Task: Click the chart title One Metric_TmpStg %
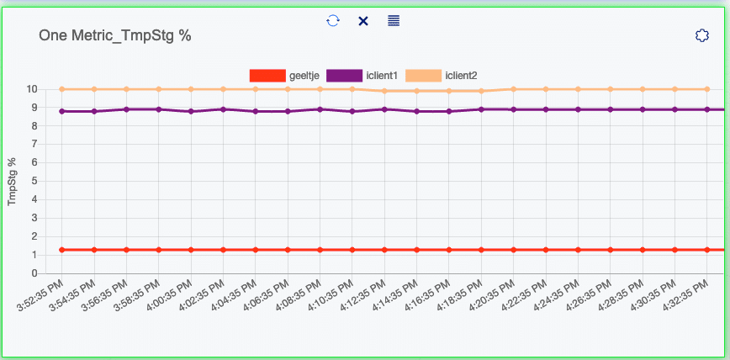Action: tap(115, 36)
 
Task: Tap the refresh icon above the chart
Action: tap(333, 20)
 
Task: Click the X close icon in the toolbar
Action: tap(363, 20)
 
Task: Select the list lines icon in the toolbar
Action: tap(394, 20)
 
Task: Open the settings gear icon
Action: tap(702, 35)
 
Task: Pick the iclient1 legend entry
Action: tap(362, 76)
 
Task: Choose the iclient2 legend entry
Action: tap(442, 76)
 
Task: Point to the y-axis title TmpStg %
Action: tap(13, 181)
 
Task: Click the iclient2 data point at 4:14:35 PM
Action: tap(416, 91)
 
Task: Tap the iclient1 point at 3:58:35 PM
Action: tap(159, 109)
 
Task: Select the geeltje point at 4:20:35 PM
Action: tap(513, 250)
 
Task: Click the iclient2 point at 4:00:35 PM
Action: tap(191, 89)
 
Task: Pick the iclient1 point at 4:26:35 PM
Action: tap(610, 109)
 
